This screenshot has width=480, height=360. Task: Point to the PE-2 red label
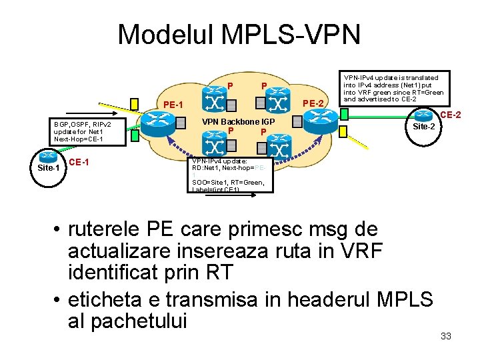click(x=313, y=103)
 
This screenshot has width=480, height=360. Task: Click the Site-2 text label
click(x=424, y=127)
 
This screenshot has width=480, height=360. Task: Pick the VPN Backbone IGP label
click(x=238, y=123)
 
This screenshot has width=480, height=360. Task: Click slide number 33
click(x=446, y=336)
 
